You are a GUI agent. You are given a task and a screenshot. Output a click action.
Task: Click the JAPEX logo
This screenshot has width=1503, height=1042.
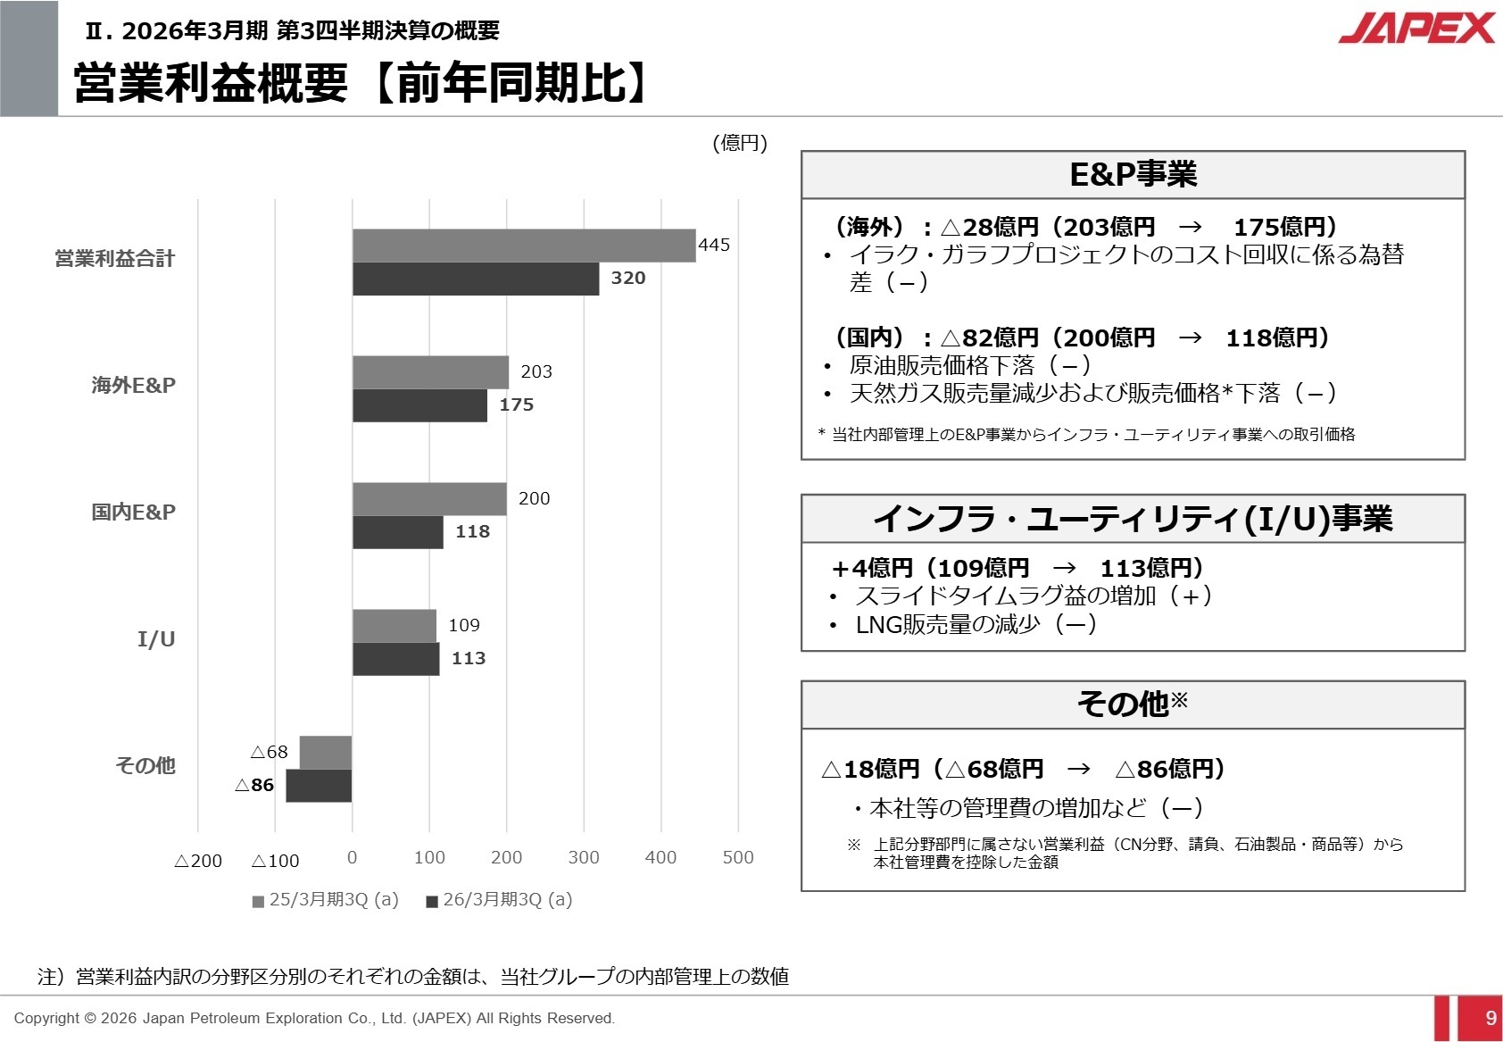point(1416,28)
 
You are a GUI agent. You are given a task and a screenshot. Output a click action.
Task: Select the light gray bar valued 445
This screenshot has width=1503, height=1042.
point(523,246)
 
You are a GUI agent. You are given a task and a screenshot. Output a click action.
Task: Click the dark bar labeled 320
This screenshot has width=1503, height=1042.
point(475,279)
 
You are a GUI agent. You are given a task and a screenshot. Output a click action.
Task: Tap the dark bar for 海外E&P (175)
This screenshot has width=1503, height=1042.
point(419,405)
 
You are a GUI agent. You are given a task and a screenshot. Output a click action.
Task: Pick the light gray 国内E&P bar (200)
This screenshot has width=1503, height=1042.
point(429,499)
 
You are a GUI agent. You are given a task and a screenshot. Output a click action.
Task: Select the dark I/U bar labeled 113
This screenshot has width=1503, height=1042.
point(395,659)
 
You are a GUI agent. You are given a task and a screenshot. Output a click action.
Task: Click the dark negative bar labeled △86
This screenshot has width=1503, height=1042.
point(319,786)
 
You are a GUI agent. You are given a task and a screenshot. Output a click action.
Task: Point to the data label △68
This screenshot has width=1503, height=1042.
point(270,752)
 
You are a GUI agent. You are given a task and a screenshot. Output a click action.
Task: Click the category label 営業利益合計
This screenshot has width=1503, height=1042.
point(115,259)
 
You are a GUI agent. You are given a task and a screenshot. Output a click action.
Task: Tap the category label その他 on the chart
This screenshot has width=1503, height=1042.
point(145,765)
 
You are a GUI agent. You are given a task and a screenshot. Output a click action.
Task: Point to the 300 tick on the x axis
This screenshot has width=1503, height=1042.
point(584,857)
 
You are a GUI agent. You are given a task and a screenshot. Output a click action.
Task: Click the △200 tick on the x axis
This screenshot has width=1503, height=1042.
point(198,861)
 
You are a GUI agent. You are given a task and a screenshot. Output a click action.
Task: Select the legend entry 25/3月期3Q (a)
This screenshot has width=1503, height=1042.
point(326,899)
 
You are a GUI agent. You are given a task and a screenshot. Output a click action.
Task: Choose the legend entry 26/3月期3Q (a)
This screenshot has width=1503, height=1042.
point(500,899)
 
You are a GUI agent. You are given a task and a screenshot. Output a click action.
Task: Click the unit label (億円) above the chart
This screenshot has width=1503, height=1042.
point(740,143)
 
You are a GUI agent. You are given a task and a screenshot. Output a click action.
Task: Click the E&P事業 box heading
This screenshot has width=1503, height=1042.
point(1133,174)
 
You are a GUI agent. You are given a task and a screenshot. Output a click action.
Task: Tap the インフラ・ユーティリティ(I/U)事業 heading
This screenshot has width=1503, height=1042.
point(1133,519)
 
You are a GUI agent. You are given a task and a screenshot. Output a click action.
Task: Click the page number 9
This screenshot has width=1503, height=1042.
point(1491,1018)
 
